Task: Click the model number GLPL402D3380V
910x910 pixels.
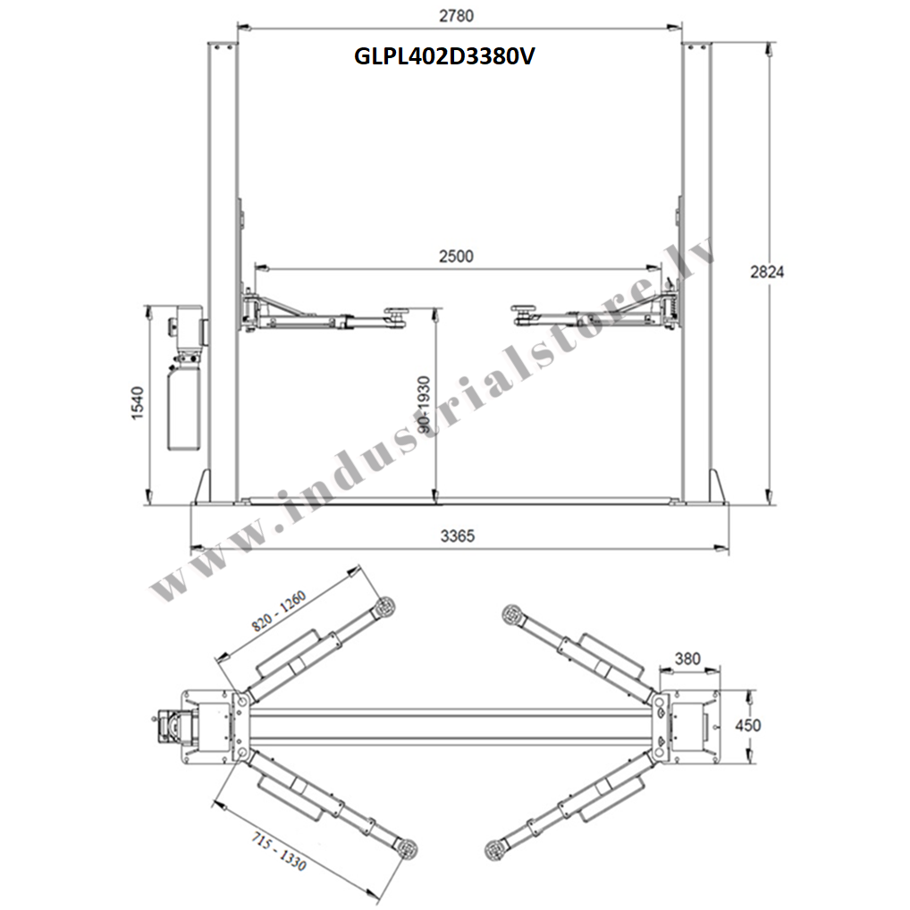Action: (444, 56)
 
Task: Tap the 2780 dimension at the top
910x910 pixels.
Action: (456, 16)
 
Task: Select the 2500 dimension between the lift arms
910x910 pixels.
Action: (456, 256)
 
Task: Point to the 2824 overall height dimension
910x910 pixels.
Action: (767, 272)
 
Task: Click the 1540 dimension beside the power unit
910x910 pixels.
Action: (137, 403)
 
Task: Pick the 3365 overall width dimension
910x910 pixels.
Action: (458, 535)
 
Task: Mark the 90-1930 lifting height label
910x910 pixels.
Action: (425, 405)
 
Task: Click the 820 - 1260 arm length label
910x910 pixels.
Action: (279, 611)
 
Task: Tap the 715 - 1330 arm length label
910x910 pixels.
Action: (279, 851)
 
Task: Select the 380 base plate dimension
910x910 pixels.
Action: (687, 659)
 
